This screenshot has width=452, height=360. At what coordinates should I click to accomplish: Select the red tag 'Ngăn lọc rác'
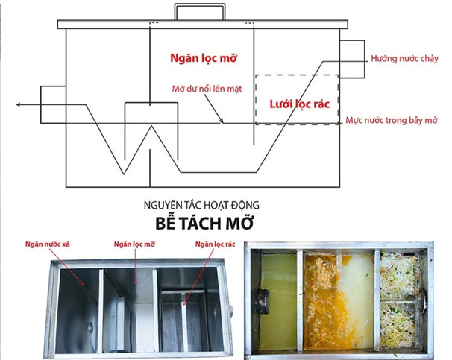point(215,244)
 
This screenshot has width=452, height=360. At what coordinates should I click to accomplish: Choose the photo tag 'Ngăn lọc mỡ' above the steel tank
point(134,244)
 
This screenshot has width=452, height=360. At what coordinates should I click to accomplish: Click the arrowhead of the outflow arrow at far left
point(19,106)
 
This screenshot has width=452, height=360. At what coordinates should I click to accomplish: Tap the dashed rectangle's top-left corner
point(256,75)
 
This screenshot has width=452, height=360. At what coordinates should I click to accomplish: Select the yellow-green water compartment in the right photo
point(277,291)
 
